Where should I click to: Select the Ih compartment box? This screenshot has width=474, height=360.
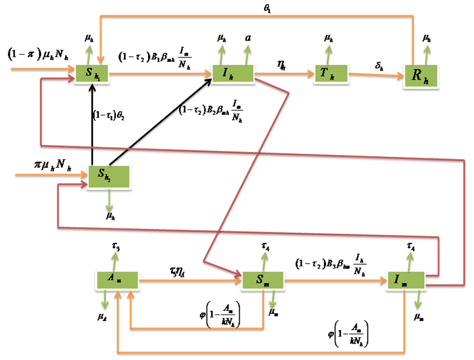(x=232, y=73)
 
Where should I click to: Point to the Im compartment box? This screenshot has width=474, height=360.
(x=406, y=279)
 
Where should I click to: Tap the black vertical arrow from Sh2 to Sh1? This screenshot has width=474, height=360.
(x=92, y=124)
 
